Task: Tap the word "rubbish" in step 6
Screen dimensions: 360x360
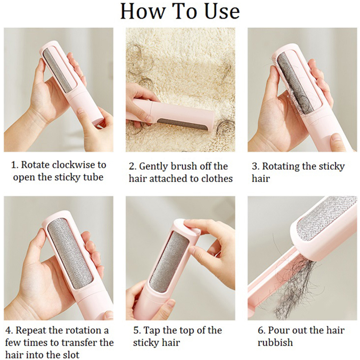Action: point(275,342)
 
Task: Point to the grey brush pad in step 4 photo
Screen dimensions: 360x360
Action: point(71,252)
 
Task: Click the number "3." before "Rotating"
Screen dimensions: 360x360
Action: point(256,166)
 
